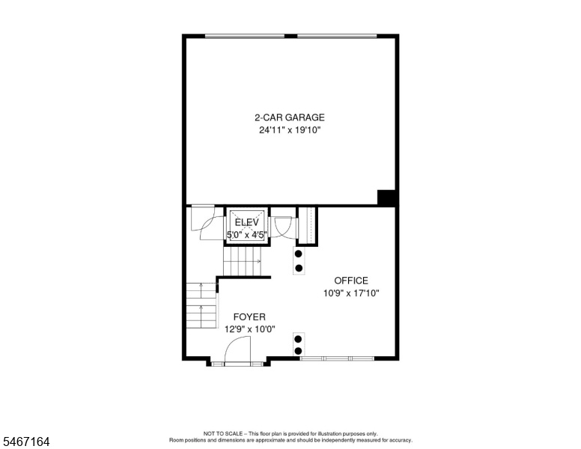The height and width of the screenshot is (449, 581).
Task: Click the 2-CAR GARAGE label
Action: pyautogui.click(x=290, y=117)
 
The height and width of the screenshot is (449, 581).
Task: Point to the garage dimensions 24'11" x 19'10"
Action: pyautogui.click(x=290, y=130)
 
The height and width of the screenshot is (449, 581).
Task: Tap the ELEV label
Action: pyautogui.click(x=247, y=222)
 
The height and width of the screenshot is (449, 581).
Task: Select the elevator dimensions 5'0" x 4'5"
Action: pyautogui.click(x=247, y=234)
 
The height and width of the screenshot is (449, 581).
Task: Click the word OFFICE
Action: pyautogui.click(x=351, y=281)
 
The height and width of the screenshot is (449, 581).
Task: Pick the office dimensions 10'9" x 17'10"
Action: pyautogui.click(x=351, y=293)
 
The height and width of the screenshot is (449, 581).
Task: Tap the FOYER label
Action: pyautogui.click(x=249, y=317)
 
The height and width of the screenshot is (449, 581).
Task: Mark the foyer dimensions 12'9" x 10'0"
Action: pyautogui.click(x=250, y=329)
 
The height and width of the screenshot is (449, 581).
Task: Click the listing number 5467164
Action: pyautogui.click(x=26, y=442)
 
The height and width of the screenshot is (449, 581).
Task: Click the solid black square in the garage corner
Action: pyautogui.click(x=387, y=197)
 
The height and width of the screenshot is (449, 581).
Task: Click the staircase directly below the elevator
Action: pyautogui.click(x=242, y=262)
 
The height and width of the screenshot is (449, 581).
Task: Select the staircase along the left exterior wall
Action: pyautogui.click(x=201, y=305)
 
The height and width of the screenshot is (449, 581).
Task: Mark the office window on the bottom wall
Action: pyautogui.click(x=337, y=358)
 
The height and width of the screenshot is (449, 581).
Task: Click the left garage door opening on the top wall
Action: pyautogui.click(x=245, y=36)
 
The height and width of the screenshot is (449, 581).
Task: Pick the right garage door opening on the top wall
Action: pyautogui.click(x=337, y=36)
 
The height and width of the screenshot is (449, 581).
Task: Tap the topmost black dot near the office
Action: pyautogui.click(x=298, y=254)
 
